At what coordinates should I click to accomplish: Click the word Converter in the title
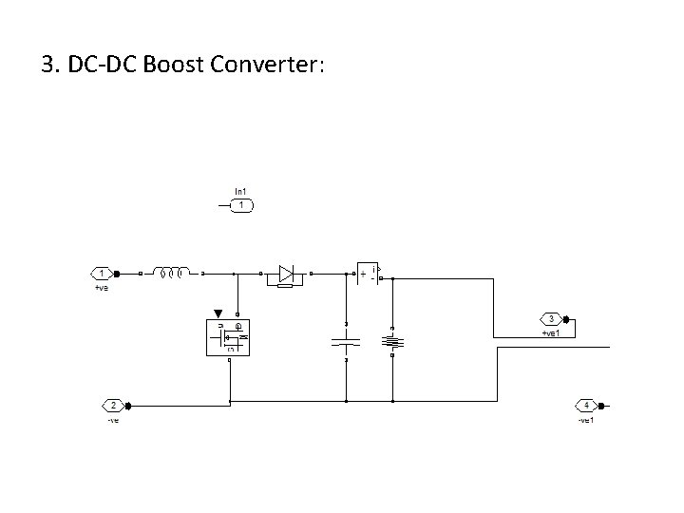(x=267, y=65)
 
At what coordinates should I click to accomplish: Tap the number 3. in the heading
(x=51, y=65)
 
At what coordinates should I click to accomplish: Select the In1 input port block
(x=242, y=204)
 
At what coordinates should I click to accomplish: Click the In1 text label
(x=242, y=192)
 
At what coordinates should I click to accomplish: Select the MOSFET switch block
(x=228, y=336)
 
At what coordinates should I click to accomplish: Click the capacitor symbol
(x=346, y=340)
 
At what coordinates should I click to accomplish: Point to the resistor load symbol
(x=391, y=340)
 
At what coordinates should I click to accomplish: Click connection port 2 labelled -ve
(x=113, y=406)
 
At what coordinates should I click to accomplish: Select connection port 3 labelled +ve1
(x=550, y=319)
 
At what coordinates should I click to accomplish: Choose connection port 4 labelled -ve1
(x=586, y=406)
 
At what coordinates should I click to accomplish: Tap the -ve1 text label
(x=586, y=419)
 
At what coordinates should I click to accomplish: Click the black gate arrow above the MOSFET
(x=219, y=313)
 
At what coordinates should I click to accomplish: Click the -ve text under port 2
(x=113, y=419)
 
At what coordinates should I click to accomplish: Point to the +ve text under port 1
(x=103, y=287)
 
